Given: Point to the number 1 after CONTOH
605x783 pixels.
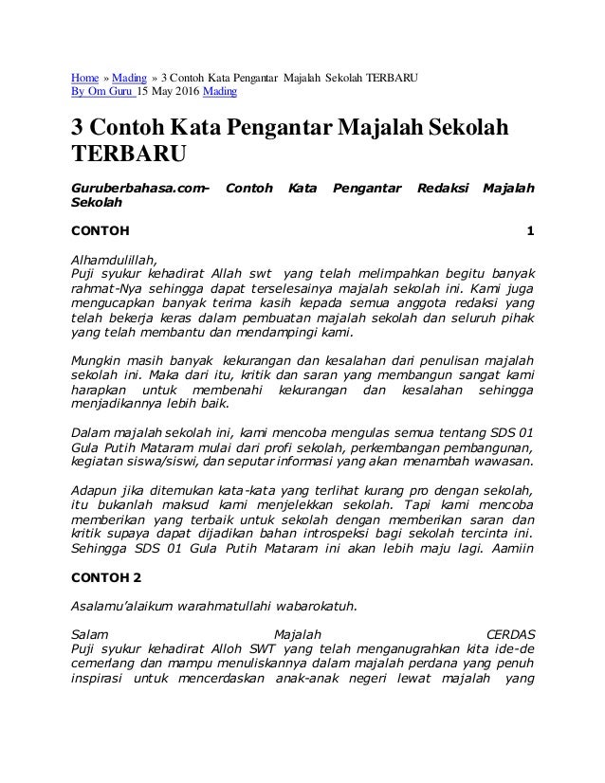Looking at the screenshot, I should (x=530, y=230).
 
